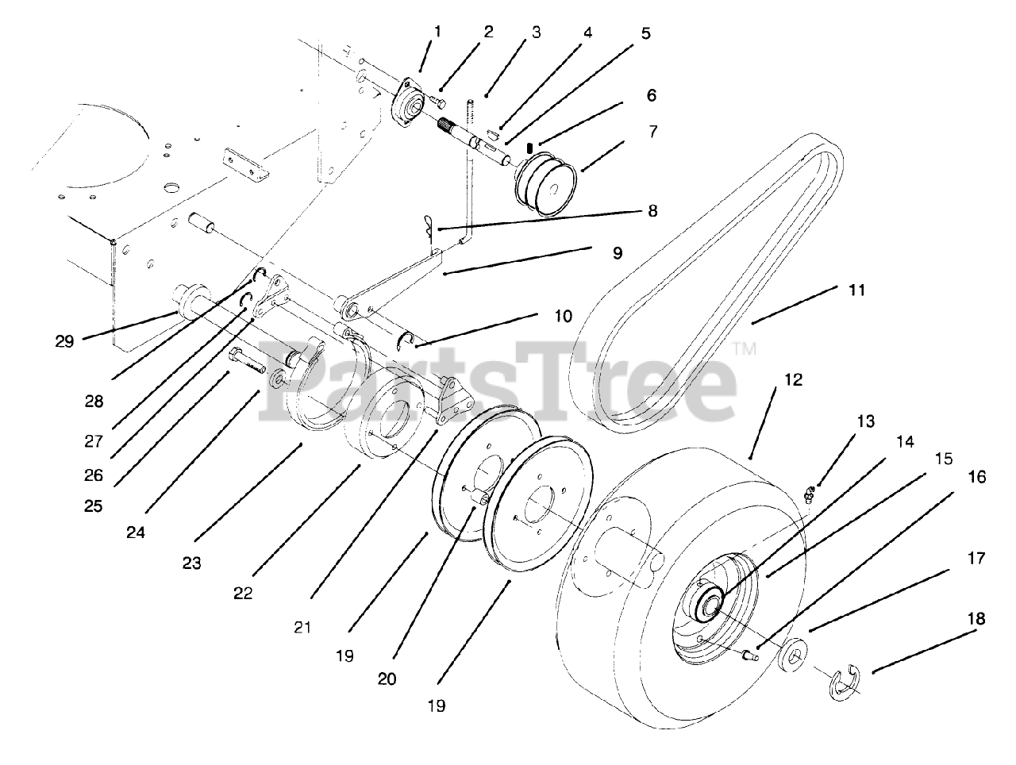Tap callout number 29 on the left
point(64,341)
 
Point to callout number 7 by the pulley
point(652,131)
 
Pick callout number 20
point(388,679)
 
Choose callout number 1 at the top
point(437,32)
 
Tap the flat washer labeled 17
point(794,648)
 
